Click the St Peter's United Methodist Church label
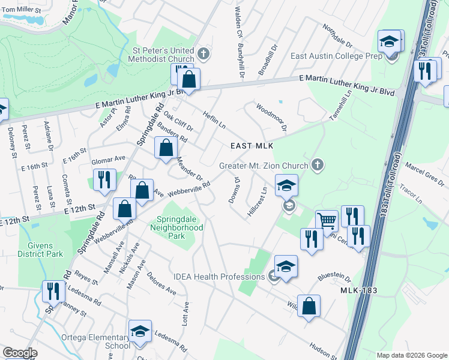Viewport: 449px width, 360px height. pyautogui.click(x=164, y=55)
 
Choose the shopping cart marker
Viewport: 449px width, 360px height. pyautogui.click(x=327, y=220)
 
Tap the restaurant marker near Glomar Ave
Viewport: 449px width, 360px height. pyautogui.click(x=104, y=179)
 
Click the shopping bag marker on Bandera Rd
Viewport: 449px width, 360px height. pyautogui.click(x=166, y=148)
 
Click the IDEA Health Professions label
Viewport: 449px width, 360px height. pyautogui.click(x=219, y=277)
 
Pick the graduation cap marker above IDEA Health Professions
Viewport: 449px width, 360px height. pyautogui.click(x=286, y=266)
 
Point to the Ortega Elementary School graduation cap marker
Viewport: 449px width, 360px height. pyautogui.click(x=140, y=331)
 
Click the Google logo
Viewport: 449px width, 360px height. pyautogui.click(x=20, y=353)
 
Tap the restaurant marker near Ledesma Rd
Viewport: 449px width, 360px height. pyautogui.click(x=54, y=292)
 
